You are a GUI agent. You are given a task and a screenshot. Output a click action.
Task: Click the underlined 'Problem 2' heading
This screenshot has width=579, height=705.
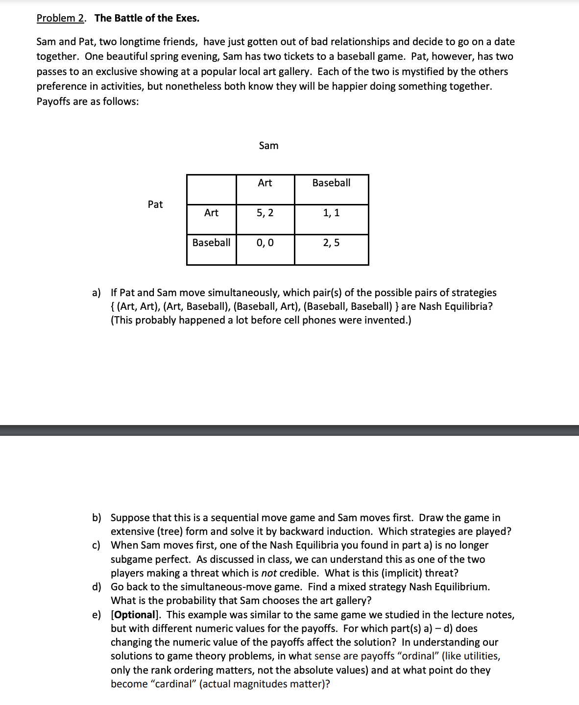(60, 18)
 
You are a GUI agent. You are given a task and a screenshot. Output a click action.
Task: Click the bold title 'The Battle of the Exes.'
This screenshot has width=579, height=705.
(147, 18)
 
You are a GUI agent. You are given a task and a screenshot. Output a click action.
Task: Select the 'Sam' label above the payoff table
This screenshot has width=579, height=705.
(268, 146)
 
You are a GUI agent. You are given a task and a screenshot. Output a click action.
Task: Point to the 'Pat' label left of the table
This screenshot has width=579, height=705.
(155, 204)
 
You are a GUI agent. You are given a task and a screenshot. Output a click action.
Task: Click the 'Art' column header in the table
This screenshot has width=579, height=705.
(265, 183)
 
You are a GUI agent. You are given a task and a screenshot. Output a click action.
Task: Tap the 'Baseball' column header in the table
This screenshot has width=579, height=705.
(331, 183)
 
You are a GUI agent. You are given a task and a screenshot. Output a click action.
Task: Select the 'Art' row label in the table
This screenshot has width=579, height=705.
(211, 213)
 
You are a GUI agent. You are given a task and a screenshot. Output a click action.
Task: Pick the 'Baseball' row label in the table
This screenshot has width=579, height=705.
(211, 243)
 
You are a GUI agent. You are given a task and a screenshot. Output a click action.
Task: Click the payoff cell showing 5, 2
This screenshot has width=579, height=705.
(265, 213)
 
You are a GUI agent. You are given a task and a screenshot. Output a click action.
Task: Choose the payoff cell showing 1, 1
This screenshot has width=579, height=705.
(331, 213)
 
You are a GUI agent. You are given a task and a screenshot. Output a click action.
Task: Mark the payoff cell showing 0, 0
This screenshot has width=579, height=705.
(265, 243)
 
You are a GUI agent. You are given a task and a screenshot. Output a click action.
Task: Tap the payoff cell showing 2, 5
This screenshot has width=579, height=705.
(331, 243)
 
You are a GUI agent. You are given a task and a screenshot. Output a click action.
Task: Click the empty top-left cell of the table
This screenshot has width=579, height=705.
(211, 189)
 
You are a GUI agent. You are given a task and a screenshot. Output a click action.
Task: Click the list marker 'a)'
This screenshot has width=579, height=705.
(96, 293)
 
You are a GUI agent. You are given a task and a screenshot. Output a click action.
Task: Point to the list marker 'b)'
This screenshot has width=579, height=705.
(96, 518)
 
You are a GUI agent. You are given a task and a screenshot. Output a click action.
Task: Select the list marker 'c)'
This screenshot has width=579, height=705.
(96, 545)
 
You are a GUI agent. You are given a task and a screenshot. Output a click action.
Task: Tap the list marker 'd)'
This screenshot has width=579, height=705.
(96, 587)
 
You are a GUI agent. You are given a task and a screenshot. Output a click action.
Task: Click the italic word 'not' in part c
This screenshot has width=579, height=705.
(268, 573)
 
